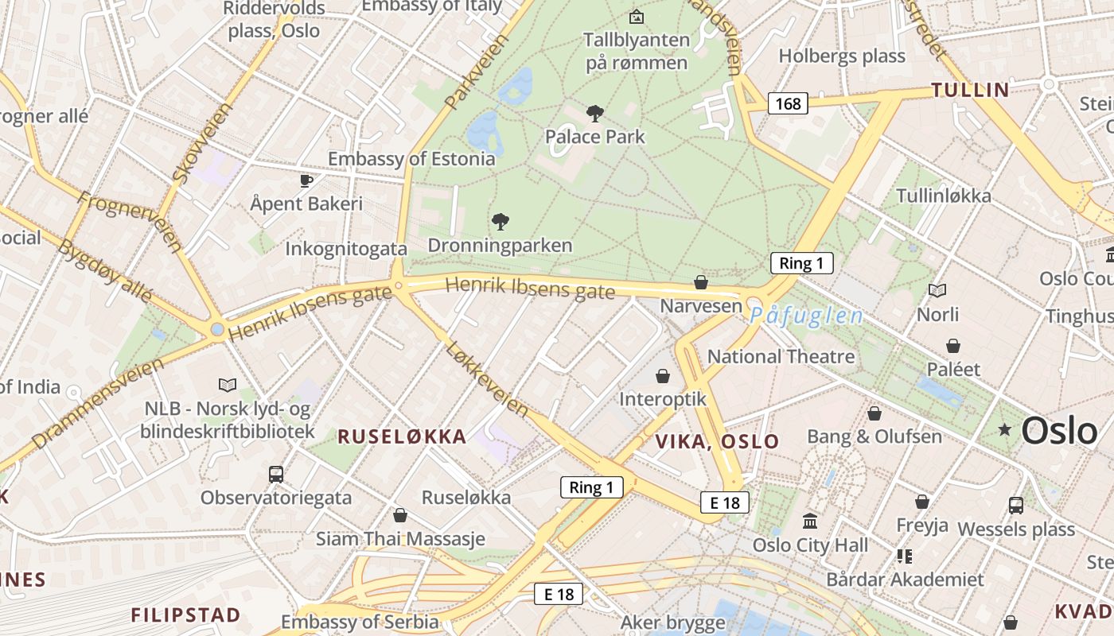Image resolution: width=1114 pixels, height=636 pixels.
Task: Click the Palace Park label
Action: click(x=595, y=137)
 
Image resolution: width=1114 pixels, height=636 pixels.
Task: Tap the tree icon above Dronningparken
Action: click(x=501, y=222)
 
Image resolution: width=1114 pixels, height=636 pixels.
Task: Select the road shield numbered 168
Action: click(x=788, y=103)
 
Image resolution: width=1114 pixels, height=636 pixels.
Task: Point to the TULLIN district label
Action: click(x=970, y=90)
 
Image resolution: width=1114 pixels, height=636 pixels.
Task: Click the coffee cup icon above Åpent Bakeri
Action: click(x=306, y=181)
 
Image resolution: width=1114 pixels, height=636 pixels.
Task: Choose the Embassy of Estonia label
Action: click(x=411, y=159)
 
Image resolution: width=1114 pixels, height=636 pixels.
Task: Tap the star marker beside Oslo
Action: click(x=1005, y=429)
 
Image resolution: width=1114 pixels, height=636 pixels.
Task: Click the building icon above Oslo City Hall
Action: click(x=810, y=522)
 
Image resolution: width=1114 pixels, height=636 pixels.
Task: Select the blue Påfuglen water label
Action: click(x=806, y=316)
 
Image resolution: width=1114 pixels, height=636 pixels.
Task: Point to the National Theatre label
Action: click(x=781, y=357)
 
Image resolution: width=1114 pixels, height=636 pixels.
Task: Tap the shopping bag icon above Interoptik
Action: click(x=663, y=375)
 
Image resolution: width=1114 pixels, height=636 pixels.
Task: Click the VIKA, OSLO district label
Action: click(x=717, y=442)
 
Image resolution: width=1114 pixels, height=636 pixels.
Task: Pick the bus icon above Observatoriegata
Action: click(x=276, y=475)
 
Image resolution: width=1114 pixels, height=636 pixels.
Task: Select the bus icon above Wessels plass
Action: click(x=1016, y=505)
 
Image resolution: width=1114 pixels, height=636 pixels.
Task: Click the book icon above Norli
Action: click(x=937, y=291)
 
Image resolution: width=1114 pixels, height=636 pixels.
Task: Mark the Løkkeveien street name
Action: click(x=487, y=379)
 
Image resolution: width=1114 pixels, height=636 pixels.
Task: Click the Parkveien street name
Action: click(x=476, y=72)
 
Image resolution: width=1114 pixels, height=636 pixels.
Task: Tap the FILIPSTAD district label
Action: click(x=185, y=615)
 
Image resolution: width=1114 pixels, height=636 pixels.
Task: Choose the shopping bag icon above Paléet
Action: click(x=953, y=346)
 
